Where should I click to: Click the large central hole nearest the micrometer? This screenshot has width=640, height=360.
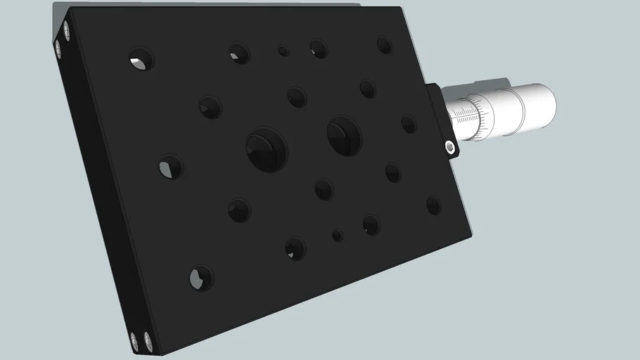344,135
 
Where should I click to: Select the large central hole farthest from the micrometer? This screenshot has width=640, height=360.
267,148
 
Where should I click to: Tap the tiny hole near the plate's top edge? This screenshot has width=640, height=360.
283,51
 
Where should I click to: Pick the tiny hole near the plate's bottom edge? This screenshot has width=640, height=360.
338,235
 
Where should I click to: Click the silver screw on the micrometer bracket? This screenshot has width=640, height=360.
450,147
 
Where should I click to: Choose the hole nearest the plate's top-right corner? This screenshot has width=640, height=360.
384,46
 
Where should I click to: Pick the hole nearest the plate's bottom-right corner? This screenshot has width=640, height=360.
433,205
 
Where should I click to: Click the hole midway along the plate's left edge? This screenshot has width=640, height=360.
170,167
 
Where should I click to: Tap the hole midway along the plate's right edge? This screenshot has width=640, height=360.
409,124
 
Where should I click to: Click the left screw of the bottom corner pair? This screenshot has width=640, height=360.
135,340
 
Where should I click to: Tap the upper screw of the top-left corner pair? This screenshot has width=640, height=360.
66,30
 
